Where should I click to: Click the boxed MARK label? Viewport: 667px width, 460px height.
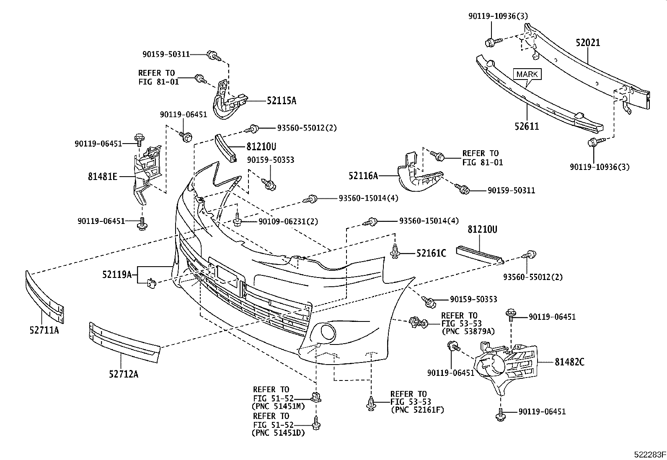[x=527, y=75]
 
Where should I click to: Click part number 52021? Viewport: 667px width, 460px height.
[x=587, y=43]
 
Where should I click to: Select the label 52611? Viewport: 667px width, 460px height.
[x=527, y=126]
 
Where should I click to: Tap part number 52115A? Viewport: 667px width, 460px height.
[x=282, y=100]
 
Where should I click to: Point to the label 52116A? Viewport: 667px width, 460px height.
[x=363, y=177]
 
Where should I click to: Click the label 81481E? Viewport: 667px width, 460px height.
[x=103, y=177]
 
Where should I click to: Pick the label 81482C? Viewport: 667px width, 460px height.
[x=569, y=362]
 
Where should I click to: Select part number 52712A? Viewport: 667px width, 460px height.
[x=124, y=374]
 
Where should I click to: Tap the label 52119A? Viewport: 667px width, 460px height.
[x=117, y=275]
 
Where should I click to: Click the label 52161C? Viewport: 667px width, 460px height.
[x=431, y=253]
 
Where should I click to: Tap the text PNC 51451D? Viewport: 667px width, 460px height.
[x=279, y=433]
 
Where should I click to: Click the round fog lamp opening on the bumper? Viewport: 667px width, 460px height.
[x=327, y=333]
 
